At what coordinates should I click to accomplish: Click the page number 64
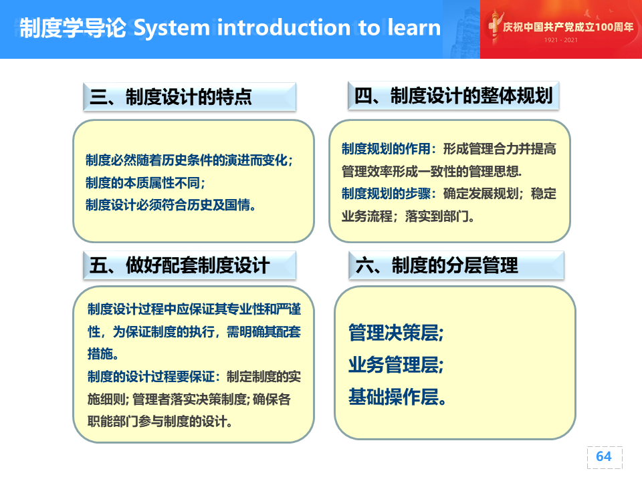tap(604, 456)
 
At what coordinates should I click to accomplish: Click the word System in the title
tap(172, 28)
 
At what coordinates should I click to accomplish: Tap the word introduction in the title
tap(284, 27)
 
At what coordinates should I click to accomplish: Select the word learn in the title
tap(414, 27)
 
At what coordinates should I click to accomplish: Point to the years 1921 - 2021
tap(561, 40)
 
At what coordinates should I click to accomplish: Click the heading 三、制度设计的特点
tap(171, 97)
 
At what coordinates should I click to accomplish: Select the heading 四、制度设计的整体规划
tap(453, 96)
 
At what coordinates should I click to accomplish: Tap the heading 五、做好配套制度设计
tap(179, 265)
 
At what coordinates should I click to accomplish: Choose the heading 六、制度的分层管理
tap(437, 265)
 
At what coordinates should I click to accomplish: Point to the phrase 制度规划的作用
tap(386, 148)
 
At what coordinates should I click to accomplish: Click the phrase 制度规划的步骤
tap(386, 193)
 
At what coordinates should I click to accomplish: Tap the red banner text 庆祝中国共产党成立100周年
tap(568, 27)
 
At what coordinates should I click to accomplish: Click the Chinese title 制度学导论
tap(73, 28)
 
